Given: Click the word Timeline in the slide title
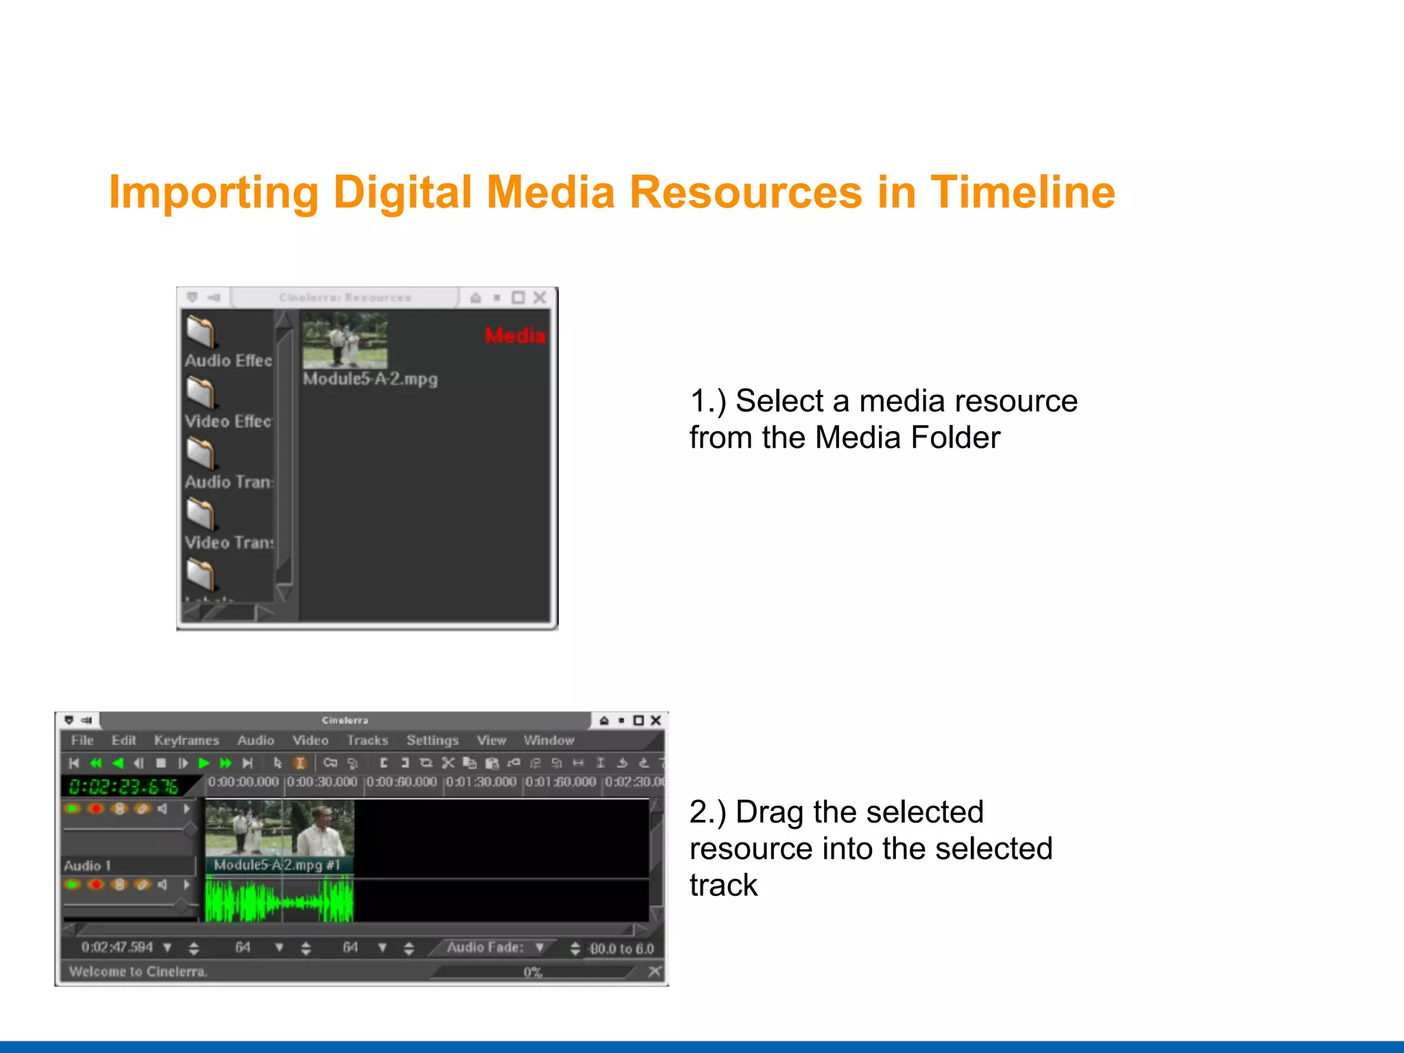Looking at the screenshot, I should (1022, 193).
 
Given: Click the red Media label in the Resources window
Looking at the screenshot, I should (515, 335).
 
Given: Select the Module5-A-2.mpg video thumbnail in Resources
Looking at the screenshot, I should (345, 341).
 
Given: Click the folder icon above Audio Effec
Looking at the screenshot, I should (201, 331).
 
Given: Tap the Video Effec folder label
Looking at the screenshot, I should (228, 421).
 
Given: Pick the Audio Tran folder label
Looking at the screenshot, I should (228, 482).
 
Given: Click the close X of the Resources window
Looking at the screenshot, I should (540, 298).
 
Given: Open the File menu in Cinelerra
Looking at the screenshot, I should (82, 740).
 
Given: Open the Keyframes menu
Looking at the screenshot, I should (186, 740).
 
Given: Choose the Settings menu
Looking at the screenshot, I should (432, 740).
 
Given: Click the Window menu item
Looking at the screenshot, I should (548, 740).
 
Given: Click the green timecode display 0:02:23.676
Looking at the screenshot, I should (123, 786).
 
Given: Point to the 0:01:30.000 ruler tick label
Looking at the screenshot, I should (481, 782).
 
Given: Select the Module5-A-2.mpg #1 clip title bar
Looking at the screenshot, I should (277, 865).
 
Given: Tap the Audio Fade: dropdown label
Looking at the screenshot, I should (485, 947).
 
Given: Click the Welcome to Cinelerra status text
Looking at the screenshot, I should (138, 971).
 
